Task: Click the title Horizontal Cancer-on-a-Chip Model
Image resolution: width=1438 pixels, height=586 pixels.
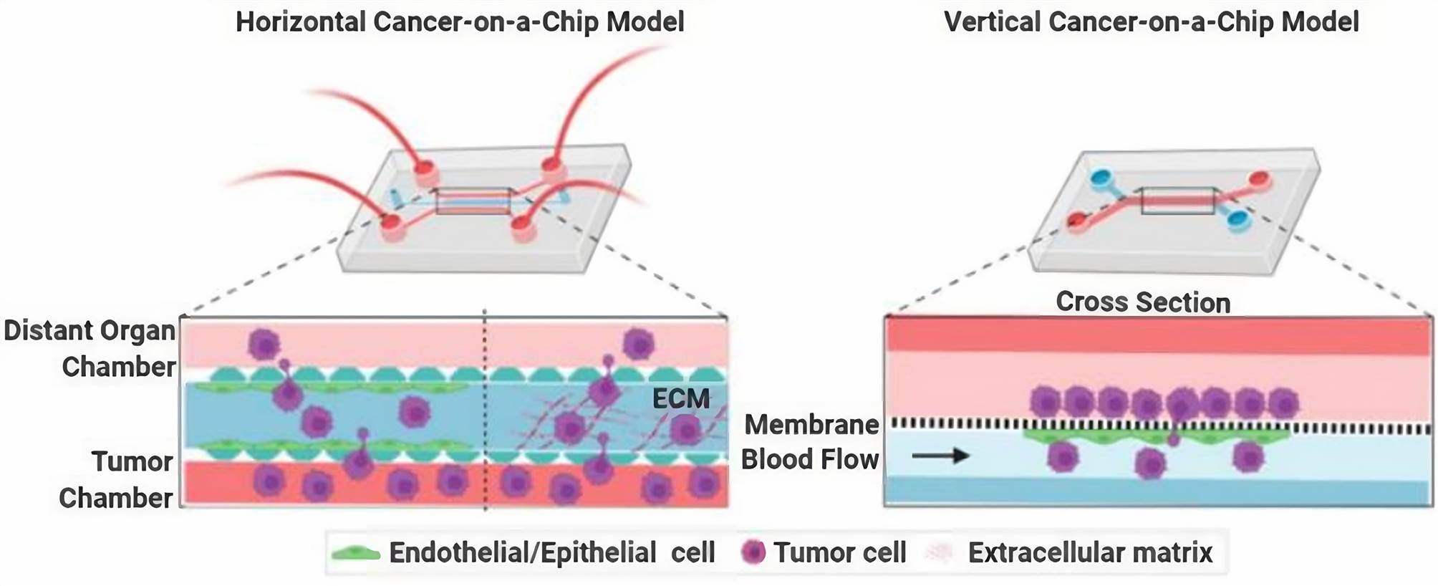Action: pyautogui.click(x=460, y=21)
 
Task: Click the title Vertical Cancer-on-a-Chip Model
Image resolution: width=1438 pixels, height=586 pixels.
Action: pyautogui.click(x=1151, y=21)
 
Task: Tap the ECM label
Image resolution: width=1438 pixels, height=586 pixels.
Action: pyautogui.click(x=680, y=398)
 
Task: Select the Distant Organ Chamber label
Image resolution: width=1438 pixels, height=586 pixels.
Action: pyautogui.click(x=90, y=348)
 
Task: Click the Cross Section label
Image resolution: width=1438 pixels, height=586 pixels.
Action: pyautogui.click(x=1143, y=302)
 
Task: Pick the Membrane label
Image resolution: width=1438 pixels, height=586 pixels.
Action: pyautogui.click(x=811, y=425)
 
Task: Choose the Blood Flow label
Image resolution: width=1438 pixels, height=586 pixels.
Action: pyautogui.click(x=810, y=459)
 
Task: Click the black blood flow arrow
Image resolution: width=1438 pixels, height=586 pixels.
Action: pyautogui.click(x=940, y=455)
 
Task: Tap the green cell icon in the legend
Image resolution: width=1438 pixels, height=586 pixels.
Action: pyautogui.click(x=355, y=553)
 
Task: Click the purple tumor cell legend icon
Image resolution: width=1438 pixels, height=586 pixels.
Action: pyautogui.click(x=753, y=552)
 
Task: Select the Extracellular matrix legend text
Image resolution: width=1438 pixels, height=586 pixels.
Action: pyautogui.click(x=1090, y=552)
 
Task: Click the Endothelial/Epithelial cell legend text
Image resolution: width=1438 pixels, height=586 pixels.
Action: pyautogui.click(x=551, y=552)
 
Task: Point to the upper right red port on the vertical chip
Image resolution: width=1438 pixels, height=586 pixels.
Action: pyautogui.click(x=1259, y=178)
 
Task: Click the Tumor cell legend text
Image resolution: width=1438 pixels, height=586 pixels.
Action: pyautogui.click(x=839, y=552)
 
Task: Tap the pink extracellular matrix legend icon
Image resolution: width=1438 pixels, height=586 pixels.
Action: pyautogui.click(x=939, y=552)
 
